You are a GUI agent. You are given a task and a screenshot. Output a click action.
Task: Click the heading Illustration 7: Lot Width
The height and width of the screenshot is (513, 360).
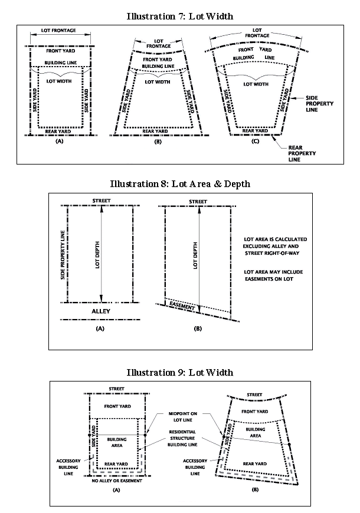point(180,16)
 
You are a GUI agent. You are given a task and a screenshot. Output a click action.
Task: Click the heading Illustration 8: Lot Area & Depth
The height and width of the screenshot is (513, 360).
point(180,184)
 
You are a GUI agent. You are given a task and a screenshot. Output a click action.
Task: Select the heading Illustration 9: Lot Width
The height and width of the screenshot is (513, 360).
point(180,372)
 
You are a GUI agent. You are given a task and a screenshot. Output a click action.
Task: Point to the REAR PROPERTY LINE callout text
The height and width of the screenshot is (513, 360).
point(302,153)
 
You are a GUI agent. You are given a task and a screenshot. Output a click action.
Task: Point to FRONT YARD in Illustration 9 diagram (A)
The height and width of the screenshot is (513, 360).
point(117,406)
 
